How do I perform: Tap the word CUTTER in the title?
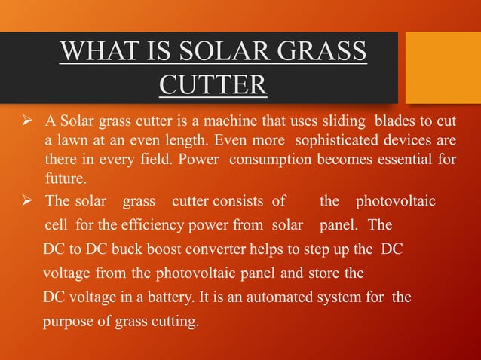[213, 85]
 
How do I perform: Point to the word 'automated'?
[282, 297]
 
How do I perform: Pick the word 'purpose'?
[66, 322]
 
